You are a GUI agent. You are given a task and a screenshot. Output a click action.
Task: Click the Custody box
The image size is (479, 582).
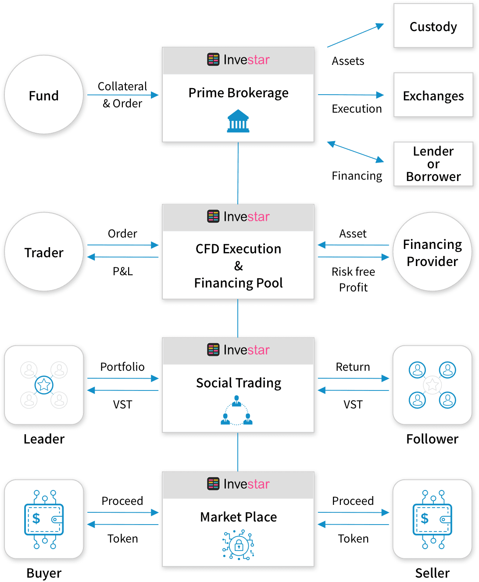coord(433,27)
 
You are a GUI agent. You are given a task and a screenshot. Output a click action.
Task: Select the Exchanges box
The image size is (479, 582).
coord(433,96)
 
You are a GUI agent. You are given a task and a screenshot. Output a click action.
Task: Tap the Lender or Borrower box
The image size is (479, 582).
coord(433,164)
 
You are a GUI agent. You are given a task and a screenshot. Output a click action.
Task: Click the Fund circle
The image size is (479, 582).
coord(43,96)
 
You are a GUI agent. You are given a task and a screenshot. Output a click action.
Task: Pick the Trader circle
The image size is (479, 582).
coord(43,253)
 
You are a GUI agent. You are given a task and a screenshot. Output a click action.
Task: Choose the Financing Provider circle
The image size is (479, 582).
coord(433,252)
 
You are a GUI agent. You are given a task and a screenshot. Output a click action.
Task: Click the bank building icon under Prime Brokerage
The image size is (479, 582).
coord(238,121)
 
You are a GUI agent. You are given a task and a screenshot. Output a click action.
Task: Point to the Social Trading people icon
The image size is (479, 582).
coord(236,411)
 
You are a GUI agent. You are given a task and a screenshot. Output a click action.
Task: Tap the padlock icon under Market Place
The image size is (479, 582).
coord(239,545)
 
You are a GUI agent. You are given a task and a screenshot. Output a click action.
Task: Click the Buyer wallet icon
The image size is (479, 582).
coord(44,519)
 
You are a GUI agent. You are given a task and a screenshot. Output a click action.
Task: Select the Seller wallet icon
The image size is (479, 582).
coord(433,519)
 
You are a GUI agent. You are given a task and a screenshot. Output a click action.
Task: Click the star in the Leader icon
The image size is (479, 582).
coord(44,385)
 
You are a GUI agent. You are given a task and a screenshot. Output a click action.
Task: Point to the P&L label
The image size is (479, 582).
coord(123,271)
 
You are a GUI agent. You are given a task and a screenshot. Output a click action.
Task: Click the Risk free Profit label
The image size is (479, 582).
coord(353,280)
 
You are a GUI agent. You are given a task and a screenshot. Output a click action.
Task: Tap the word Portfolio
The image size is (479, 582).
coord(122,367)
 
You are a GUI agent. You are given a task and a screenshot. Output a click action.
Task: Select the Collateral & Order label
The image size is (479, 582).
coord(122,95)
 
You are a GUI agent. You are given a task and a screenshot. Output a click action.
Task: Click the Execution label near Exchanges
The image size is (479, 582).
coord(357,109)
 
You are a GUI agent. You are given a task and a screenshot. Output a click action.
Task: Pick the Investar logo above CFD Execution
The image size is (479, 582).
coord(238,216)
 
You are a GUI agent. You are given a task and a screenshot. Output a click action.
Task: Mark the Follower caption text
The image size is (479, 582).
coord(432,439)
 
